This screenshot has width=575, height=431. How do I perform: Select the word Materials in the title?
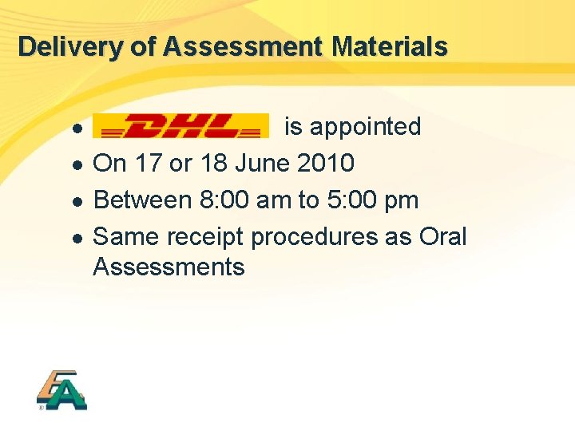(390, 46)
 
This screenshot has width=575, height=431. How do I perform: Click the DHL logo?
(180, 126)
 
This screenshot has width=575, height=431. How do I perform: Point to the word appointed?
(365, 127)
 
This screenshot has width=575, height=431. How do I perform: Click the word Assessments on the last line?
(169, 267)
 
